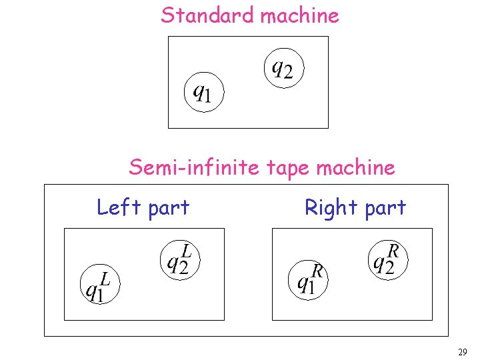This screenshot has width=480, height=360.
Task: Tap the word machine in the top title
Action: coord(299,15)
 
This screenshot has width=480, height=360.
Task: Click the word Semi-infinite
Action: coord(195,167)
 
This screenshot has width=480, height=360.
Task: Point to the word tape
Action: coord(289,167)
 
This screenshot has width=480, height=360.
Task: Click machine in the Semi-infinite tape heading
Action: coord(356,167)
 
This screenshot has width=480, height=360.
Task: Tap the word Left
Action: coord(119,207)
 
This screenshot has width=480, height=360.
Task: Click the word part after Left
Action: coord(169,209)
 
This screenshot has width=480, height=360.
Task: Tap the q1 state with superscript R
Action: coord(308,279)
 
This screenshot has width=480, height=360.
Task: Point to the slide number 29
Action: coord(463,351)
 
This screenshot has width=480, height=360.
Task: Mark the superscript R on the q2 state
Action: coord(394,251)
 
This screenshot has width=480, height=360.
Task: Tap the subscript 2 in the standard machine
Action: coord(288,71)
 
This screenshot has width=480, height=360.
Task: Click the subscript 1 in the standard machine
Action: coord(207,97)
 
